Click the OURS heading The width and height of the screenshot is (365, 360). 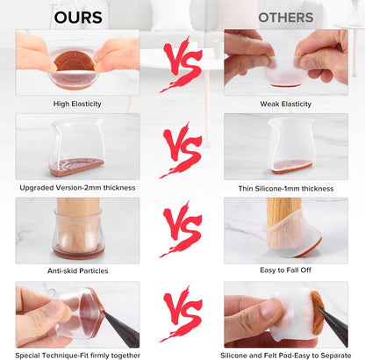click(x=78, y=18)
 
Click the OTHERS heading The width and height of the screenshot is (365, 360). click(x=286, y=18)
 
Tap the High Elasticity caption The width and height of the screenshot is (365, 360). click(x=77, y=104)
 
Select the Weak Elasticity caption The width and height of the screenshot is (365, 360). click(x=286, y=104)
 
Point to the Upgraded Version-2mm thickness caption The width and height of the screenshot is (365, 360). click(x=77, y=188)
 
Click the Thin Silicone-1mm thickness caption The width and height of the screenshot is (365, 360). click(x=286, y=189)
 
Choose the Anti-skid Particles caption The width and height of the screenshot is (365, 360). click(x=78, y=270)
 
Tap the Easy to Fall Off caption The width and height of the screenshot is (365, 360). click(x=285, y=270)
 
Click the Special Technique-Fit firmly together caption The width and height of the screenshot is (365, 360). click(x=77, y=356)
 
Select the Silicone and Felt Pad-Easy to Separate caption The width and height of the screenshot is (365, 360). click(x=286, y=356)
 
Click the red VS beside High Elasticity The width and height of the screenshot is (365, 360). click(x=182, y=63)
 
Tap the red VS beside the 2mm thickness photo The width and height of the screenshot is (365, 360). click(x=182, y=150)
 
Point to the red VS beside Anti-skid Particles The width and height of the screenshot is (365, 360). click(x=182, y=229)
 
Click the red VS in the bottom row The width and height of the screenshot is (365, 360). click(x=182, y=313)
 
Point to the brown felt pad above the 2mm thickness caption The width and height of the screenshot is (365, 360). click(x=76, y=167)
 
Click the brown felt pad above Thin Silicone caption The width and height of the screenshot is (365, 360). click(x=291, y=167)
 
